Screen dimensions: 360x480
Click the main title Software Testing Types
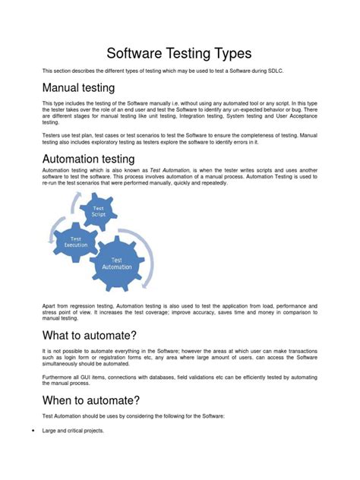pos(179,54)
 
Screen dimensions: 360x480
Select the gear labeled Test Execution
pos(76,243)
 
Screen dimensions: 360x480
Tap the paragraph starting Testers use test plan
pos(179,137)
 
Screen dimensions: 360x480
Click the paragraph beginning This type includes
pos(179,112)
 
